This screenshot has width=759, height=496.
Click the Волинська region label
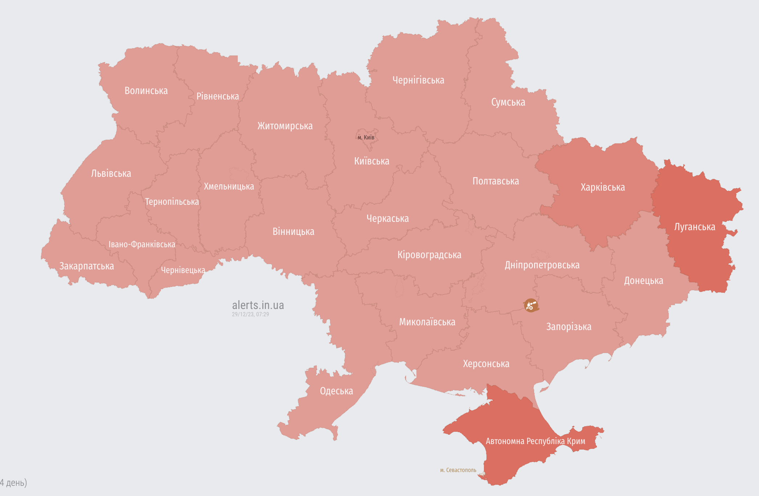point(146,91)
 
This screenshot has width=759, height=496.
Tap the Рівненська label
point(217,96)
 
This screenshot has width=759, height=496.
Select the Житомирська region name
point(285,126)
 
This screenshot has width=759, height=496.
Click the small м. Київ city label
point(366,137)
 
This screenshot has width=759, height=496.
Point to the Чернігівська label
point(418,80)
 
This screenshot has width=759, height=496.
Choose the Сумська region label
point(508,102)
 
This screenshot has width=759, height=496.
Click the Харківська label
point(603,187)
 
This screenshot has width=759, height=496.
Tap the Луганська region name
point(694,227)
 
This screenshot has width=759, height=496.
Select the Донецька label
point(643,281)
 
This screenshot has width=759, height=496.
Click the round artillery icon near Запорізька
point(531,305)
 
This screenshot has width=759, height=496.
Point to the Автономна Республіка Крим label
point(535,441)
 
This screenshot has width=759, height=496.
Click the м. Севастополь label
point(458,470)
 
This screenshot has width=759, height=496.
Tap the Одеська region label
point(336,391)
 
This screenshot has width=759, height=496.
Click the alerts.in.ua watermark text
point(258,305)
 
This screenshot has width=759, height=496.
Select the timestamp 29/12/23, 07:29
point(250,314)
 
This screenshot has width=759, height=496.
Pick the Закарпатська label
point(86,266)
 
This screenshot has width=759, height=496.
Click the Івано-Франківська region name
point(142,244)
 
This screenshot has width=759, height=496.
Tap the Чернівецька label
point(183,270)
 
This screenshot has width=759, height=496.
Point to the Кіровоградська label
point(429,255)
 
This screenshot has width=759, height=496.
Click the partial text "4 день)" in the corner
point(13,483)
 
